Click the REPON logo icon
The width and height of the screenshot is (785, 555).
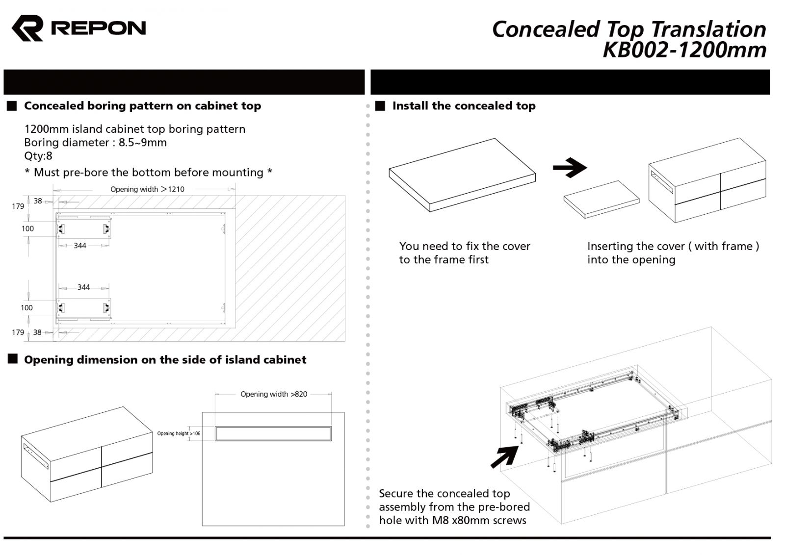27,28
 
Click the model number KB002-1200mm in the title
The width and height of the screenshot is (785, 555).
684,50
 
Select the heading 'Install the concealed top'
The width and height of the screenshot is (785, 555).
463,106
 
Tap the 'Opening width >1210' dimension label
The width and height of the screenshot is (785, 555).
147,189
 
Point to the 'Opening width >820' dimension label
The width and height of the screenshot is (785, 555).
274,394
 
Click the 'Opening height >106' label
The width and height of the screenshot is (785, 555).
179,433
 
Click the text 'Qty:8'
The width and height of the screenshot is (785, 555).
38,156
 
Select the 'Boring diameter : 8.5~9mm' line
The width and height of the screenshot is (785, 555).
95,143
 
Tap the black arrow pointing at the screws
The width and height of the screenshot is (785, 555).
504,457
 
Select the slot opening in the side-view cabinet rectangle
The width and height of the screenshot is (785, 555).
273,433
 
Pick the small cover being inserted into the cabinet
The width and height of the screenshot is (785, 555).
601,199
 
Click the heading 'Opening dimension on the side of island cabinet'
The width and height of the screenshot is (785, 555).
165,360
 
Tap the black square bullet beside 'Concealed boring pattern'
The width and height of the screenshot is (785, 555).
12,106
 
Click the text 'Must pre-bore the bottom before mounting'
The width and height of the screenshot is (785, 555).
148,173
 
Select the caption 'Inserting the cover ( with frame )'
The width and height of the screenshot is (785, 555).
673,247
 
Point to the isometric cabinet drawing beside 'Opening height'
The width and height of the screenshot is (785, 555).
86,454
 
